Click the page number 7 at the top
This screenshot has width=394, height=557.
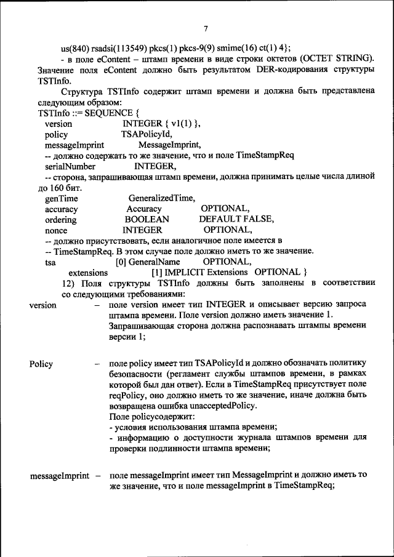click(x=206, y=29)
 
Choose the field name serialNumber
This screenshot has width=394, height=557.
click(x=70, y=166)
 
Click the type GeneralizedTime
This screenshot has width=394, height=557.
click(x=162, y=198)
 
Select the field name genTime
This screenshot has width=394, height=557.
click(x=60, y=198)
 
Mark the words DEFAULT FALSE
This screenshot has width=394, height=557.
click(x=236, y=219)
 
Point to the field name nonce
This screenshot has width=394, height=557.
click(x=57, y=230)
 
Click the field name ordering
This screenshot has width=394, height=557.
click(x=61, y=219)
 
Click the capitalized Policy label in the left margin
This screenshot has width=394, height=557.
click(x=41, y=364)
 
